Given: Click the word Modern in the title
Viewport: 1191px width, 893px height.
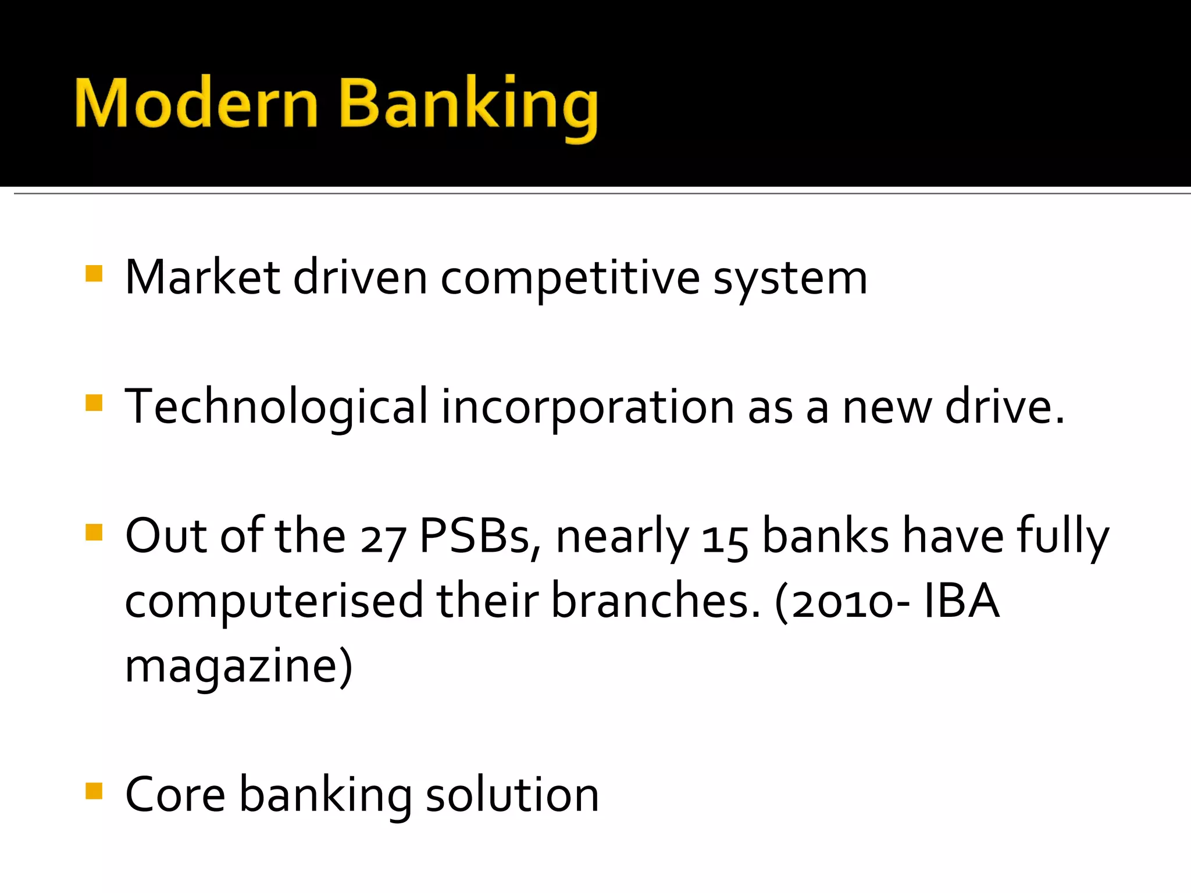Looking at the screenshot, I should (x=197, y=103).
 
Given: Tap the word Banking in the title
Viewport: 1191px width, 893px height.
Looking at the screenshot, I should (x=469, y=105).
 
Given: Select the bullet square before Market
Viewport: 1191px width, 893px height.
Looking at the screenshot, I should (x=94, y=273).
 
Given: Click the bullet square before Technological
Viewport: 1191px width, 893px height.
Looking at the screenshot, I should (x=94, y=403).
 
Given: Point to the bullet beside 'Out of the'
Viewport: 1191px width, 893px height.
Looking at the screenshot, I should (x=94, y=532).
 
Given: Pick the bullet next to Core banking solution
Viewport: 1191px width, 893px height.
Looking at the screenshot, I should (x=94, y=791).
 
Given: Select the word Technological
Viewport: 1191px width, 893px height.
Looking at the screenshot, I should (x=277, y=407).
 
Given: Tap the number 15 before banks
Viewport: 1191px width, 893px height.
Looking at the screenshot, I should (x=725, y=541).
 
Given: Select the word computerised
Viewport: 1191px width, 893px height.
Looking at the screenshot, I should (x=274, y=602).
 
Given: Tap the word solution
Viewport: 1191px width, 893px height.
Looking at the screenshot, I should (x=512, y=795).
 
